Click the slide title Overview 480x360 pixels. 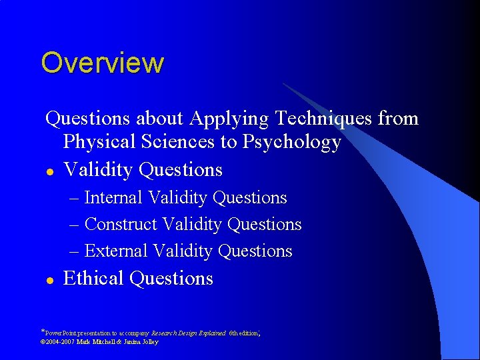[102, 63]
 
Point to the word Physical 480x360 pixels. [100, 143]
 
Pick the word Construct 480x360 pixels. [121, 225]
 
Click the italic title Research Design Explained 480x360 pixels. [189, 332]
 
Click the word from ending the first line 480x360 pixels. [398, 119]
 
